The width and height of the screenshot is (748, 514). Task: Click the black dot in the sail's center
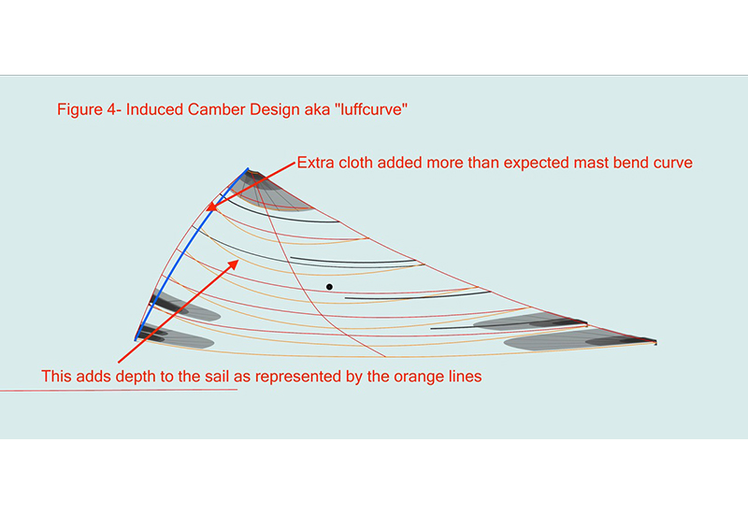(x=329, y=286)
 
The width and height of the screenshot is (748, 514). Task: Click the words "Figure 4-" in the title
(x=89, y=110)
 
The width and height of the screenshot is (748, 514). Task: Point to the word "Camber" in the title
(x=214, y=110)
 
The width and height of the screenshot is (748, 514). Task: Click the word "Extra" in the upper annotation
(x=315, y=163)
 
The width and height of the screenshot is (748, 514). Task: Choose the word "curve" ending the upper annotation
(x=671, y=163)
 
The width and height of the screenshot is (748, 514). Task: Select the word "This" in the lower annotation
(x=56, y=377)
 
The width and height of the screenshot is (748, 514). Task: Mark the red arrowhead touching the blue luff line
(x=212, y=207)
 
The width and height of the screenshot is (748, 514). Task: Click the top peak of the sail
(x=248, y=169)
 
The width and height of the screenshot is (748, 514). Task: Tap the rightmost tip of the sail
(x=655, y=343)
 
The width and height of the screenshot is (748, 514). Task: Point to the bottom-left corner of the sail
(x=137, y=338)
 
